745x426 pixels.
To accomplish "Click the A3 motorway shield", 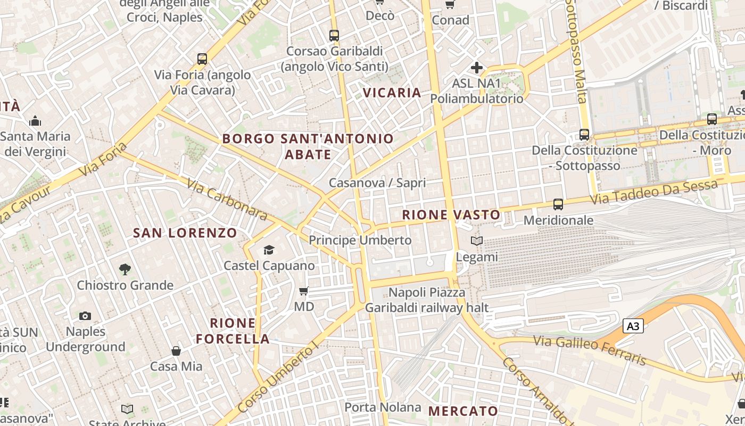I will (633, 326).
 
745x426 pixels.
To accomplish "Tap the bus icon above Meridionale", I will (558, 204).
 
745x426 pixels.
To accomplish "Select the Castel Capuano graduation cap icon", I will (269, 250).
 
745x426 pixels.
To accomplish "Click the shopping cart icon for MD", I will (304, 291).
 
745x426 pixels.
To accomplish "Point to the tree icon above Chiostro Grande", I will (125, 269).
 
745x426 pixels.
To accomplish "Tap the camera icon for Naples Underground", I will (85, 316).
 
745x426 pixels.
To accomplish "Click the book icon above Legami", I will (477, 241).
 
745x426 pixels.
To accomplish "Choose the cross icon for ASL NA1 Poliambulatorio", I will (477, 68).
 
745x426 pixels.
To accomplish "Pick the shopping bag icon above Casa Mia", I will (176, 351).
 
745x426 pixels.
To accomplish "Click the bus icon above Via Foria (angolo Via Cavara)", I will (202, 59).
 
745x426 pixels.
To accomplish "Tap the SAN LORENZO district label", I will (185, 233).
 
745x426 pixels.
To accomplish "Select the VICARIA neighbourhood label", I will (392, 93).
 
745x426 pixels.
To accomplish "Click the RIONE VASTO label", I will (451, 215).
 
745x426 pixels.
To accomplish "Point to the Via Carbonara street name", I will (227, 199).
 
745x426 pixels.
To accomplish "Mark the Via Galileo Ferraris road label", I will (590, 350).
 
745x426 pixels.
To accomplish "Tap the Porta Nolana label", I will (383, 407).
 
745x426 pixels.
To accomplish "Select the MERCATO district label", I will (463, 411).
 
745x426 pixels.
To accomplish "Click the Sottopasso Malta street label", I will (576, 51).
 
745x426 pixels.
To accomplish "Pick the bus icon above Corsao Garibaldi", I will (334, 36).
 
